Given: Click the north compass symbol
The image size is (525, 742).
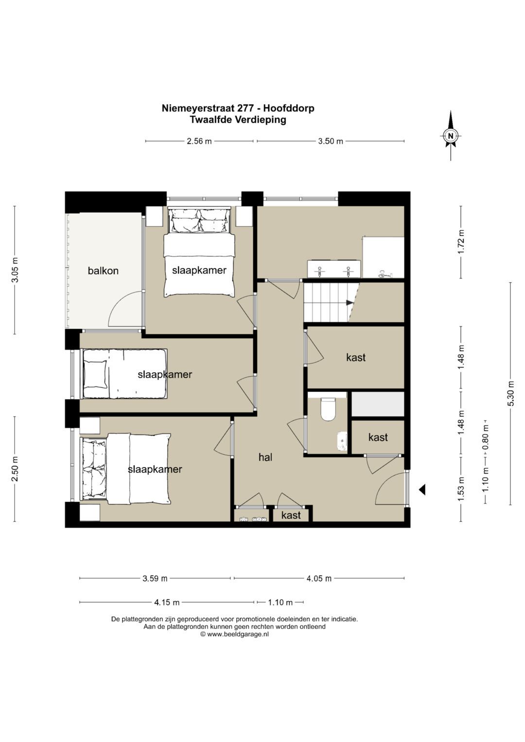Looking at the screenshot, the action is [x=451, y=135].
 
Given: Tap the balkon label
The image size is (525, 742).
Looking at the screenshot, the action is [x=103, y=271].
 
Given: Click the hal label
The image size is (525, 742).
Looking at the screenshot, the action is [x=265, y=457].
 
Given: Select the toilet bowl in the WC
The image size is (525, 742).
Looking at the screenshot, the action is [x=328, y=410].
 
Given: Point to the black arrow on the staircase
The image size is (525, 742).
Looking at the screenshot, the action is [x=350, y=302].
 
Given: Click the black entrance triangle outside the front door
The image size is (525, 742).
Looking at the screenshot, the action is [x=422, y=490].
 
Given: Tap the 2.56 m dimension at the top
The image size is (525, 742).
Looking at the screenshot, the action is [x=199, y=141].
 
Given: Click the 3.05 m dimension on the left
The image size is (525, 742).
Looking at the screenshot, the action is [x=15, y=270].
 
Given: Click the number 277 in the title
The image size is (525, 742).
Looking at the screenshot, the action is [x=246, y=108].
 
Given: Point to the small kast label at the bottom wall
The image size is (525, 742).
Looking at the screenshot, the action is [x=291, y=515].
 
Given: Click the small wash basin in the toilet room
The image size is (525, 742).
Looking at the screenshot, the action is [x=342, y=441].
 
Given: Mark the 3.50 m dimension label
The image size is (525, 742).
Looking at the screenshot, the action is [x=331, y=141].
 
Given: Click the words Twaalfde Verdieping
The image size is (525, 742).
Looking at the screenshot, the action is [x=238, y=120].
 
